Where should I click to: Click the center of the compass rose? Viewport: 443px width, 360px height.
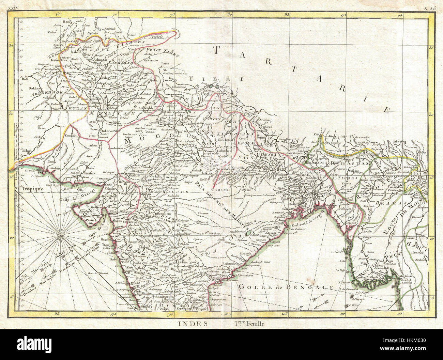(60, 235)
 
